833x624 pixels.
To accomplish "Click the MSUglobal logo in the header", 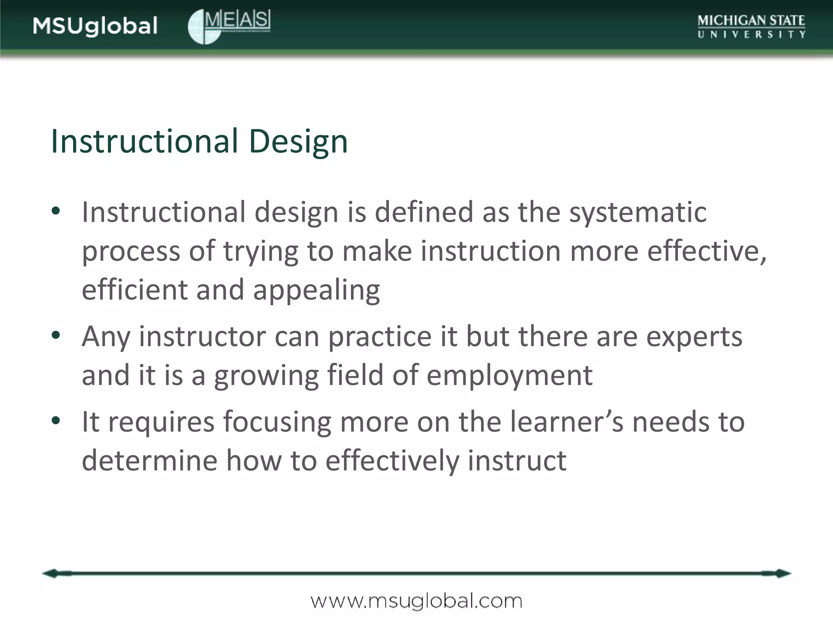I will (x=95, y=26).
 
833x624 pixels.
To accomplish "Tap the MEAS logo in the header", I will (x=229, y=26).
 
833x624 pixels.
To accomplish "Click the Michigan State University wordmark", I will (x=751, y=26).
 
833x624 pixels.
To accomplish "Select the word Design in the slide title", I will (x=298, y=141).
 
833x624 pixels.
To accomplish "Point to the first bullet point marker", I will (x=56, y=211).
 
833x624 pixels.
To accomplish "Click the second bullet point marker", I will (x=56, y=335).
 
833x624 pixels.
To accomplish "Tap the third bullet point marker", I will (x=56, y=420).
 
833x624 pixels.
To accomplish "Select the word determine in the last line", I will (x=150, y=460).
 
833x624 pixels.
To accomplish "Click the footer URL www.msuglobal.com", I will (x=416, y=601).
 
